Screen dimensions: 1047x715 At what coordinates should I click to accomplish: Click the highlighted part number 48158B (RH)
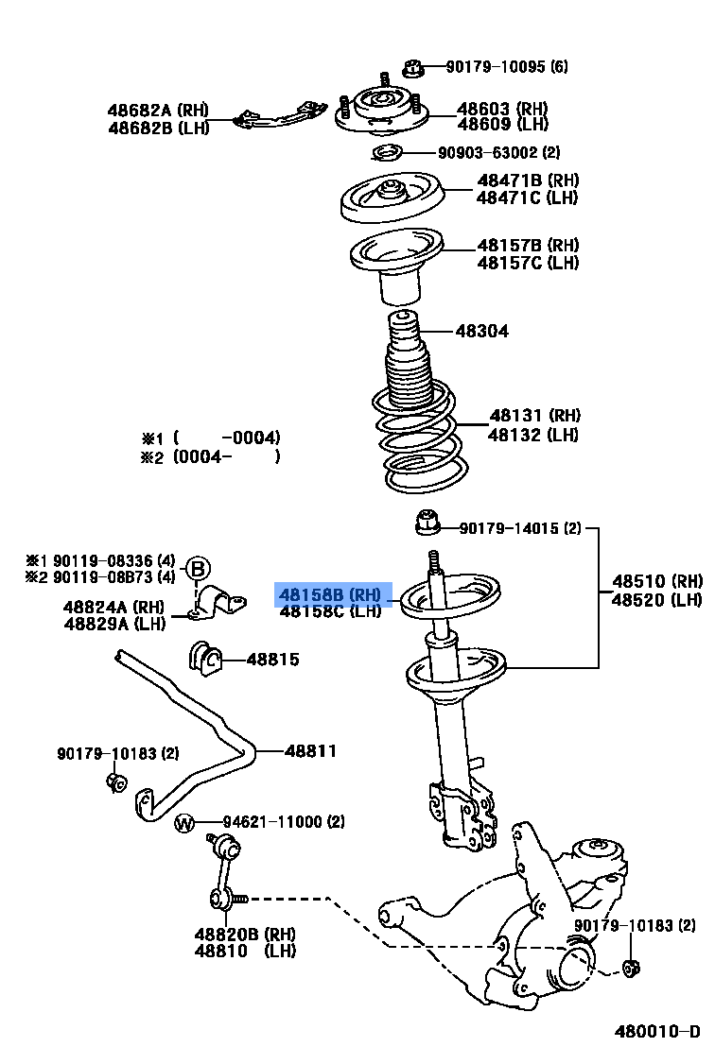(x=330, y=594)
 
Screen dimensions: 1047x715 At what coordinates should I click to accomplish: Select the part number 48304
(x=481, y=331)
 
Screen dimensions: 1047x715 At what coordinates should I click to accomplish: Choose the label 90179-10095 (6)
(x=507, y=67)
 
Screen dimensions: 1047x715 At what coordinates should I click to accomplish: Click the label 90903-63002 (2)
(x=498, y=152)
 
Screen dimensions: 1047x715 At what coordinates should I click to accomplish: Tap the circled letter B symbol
(x=197, y=569)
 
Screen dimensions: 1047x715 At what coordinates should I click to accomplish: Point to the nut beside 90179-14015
(x=427, y=522)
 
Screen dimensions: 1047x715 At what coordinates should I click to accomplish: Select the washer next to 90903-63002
(x=386, y=153)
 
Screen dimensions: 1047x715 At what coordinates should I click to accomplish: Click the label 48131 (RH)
(x=534, y=415)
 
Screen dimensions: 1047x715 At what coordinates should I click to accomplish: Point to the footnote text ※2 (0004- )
(x=211, y=456)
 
